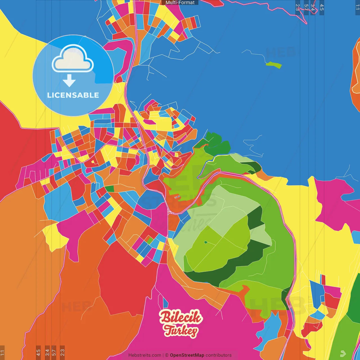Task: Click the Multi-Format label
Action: pyautogui.click(x=180, y=3)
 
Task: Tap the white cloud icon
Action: pyautogui.click(x=73, y=59)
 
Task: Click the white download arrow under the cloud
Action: pyautogui.click(x=69, y=81)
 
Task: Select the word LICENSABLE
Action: pyautogui.click(x=73, y=95)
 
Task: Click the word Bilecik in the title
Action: pyautogui.click(x=181, y=317)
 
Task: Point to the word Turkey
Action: pyautogui.click(x=181, y=330)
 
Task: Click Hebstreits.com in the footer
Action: pyautogui.click(x=145, y=355)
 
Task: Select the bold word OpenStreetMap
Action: pyautogui.click(x=187, y=355)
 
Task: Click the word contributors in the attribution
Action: pyautogui.click(x=219, y=355)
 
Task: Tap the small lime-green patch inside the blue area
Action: pyautogui.click(x=274, y=65)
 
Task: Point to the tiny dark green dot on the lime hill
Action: pyautogui.click(x=206, y=242)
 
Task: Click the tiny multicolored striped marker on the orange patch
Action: pyautogui.click(x=177, y=197)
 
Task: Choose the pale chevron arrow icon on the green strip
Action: pyautogui.click(x=343, y=353)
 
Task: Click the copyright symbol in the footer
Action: pyautogui.click(x=167, y=355)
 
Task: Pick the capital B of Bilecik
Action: pyautogui.click(x=165, y=317)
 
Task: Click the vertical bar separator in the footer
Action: pyautogui.click(x=163, y=355)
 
